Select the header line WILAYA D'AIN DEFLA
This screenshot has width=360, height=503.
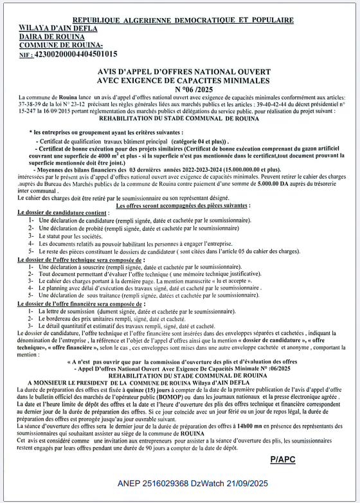[x=59, y=28]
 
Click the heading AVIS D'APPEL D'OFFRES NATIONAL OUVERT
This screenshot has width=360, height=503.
[x=184, y=72]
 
